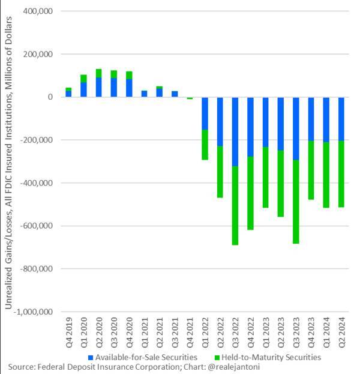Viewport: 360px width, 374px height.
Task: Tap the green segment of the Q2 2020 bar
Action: click(x=98, y=73)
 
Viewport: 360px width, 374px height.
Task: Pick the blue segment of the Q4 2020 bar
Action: click(x=129, y=88)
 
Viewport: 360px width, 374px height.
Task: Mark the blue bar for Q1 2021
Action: click(x=144, y=94)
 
